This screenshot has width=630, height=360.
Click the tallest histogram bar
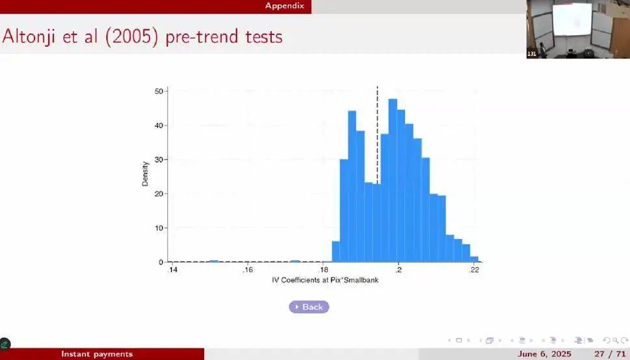coord(393,181)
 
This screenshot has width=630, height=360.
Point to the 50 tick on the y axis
coord(159,91)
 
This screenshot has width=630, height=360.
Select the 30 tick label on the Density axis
coord(159,159)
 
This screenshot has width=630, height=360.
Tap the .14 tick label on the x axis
coord(172,270)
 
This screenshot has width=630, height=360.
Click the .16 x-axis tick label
coord(248,270)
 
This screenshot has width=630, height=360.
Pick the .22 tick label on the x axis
coord(474,270)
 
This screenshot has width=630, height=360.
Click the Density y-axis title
coord(145,174)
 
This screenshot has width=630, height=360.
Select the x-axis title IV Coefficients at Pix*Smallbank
coord(325,280)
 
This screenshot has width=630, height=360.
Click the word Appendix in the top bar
coord(285,6)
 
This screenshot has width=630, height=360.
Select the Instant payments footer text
coord(97,354)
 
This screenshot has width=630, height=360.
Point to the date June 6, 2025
coord(544,354)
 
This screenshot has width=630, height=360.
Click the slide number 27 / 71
coord(609,354)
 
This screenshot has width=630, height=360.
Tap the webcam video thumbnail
coord(578,29)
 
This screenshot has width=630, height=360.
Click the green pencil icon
coord(5,344)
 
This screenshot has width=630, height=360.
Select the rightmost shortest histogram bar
coord(474,259)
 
